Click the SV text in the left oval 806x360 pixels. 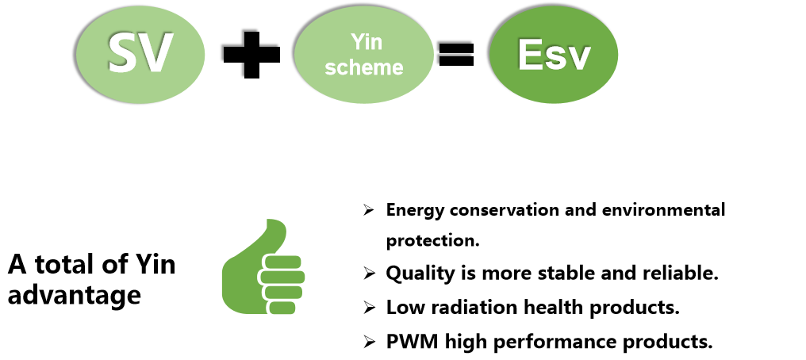tap(140, 53)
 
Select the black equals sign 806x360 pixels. tap(455, 54)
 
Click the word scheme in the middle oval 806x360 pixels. tap(364, 67)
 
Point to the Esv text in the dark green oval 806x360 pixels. tap(554, 54)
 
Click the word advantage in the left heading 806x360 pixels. tap(75, 296)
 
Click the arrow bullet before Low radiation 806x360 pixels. tap(369, 307)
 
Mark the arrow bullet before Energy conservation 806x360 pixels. tap(369, 210)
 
